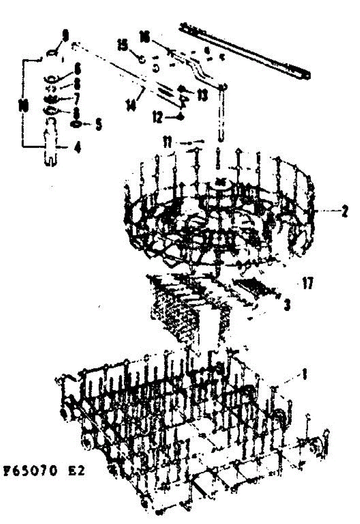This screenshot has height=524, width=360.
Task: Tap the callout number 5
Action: point(99,124)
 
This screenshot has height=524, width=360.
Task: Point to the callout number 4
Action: point(77,148)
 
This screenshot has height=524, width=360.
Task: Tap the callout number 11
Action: point(168,141)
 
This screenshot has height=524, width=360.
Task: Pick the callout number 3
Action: point(287,304)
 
